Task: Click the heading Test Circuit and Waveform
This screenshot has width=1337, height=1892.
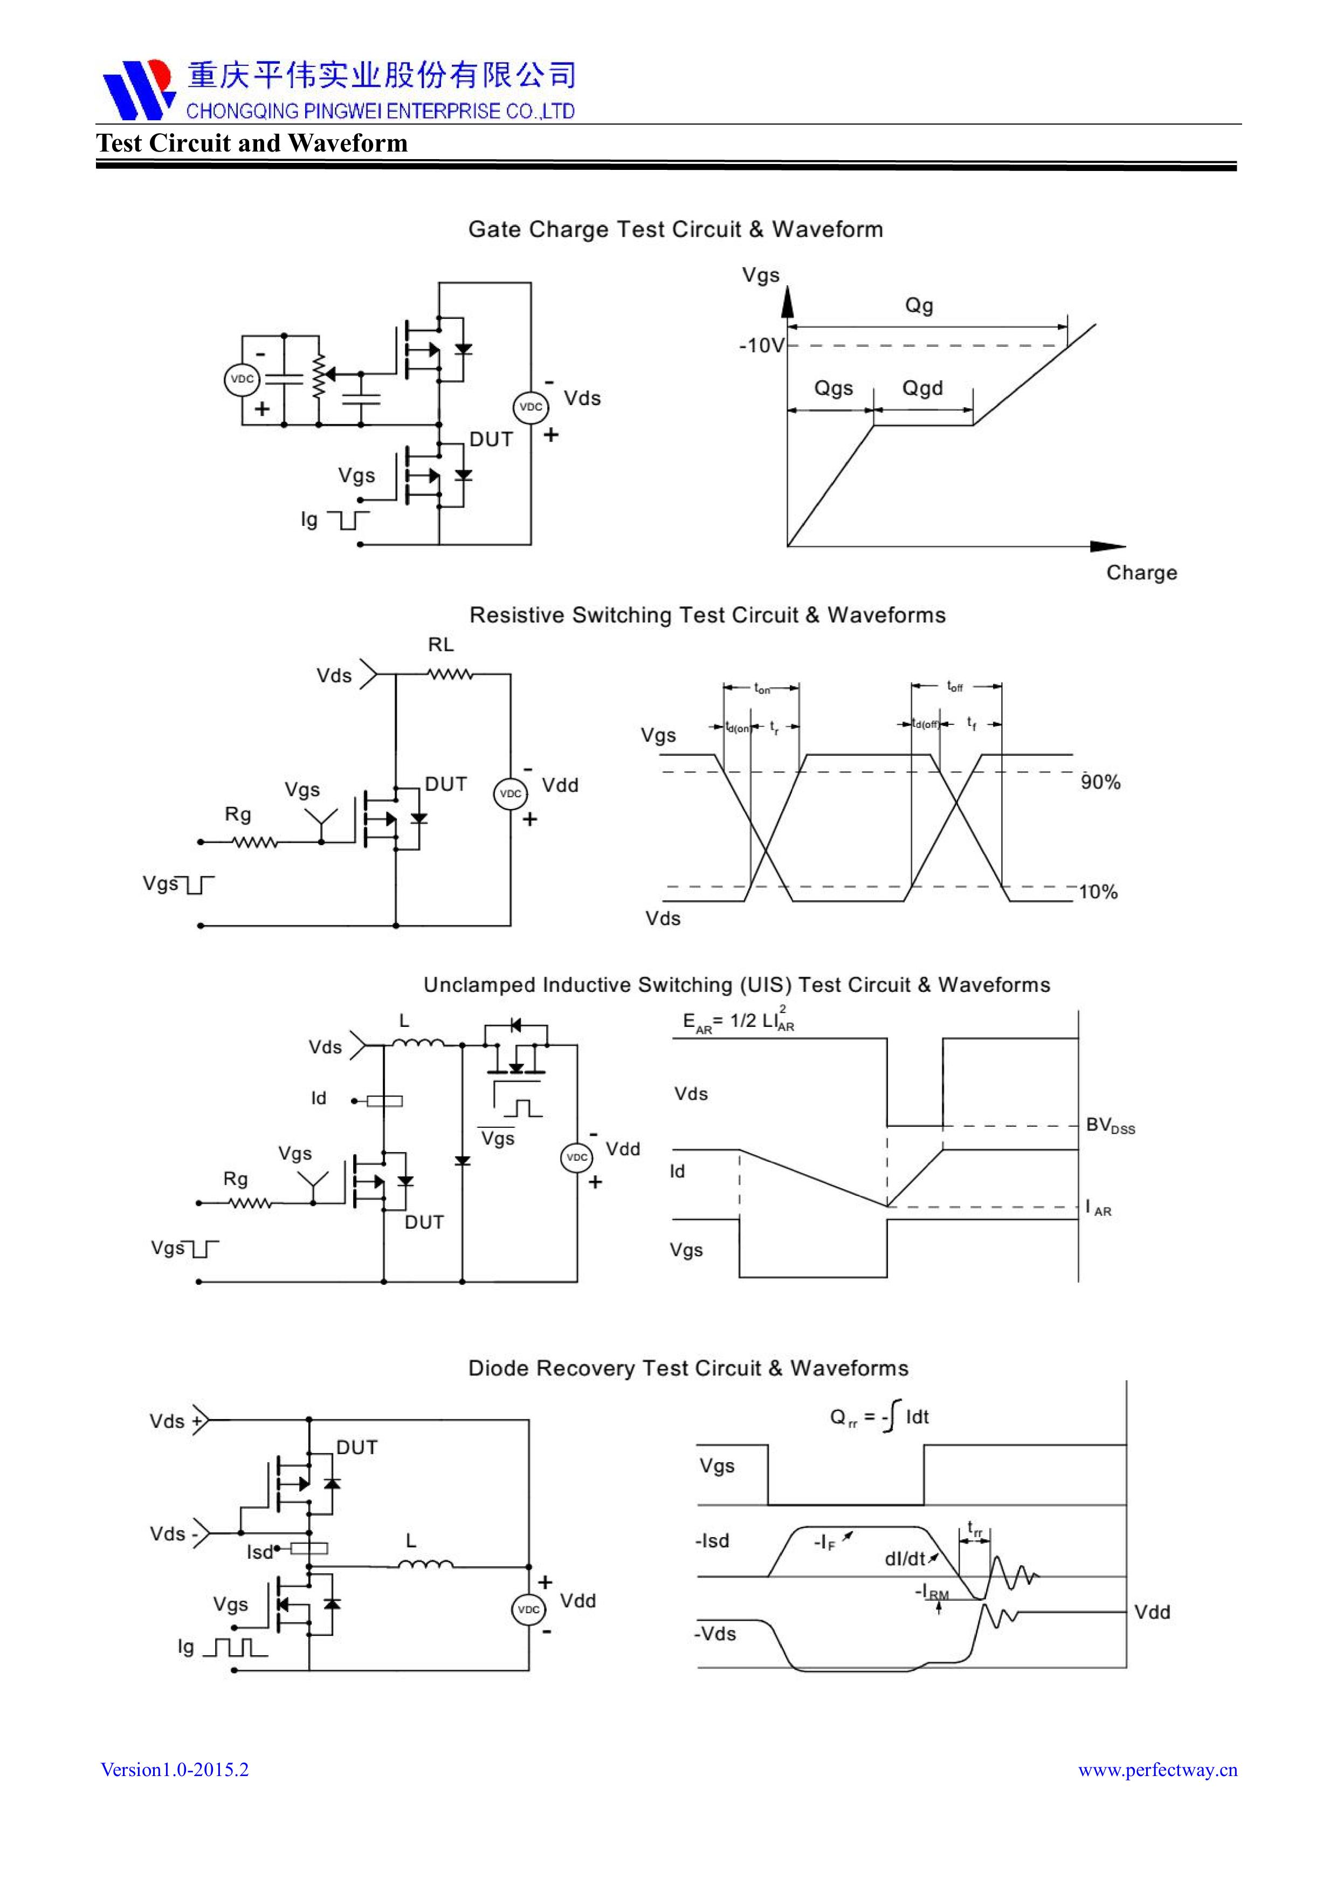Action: click(x=252, y=143)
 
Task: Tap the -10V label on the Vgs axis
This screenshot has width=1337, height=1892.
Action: click(x=762, y=345)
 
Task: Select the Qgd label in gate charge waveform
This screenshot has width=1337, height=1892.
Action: click(x=922, y=388)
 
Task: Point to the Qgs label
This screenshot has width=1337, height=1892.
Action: click(x=833, y=388)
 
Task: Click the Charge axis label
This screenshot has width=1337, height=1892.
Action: click(x=1141, y=573)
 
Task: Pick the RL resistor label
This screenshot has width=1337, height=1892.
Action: click(x=440, y=645)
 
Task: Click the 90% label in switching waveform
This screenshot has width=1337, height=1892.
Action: click(x=1100, y=782)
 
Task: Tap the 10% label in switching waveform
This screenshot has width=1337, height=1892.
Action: click(x=1099, y=892)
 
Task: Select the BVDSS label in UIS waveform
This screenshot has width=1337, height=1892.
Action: click(x=1109, y=1126)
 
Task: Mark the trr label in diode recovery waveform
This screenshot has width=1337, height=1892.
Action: click(x=975, y=1528)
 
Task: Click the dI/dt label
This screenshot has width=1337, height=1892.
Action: click(x=906, y=1559)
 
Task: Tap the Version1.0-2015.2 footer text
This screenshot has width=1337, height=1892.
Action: click(x=175, y=1769)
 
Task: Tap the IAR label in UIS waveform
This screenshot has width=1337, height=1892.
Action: click(x=1099, y=1209)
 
